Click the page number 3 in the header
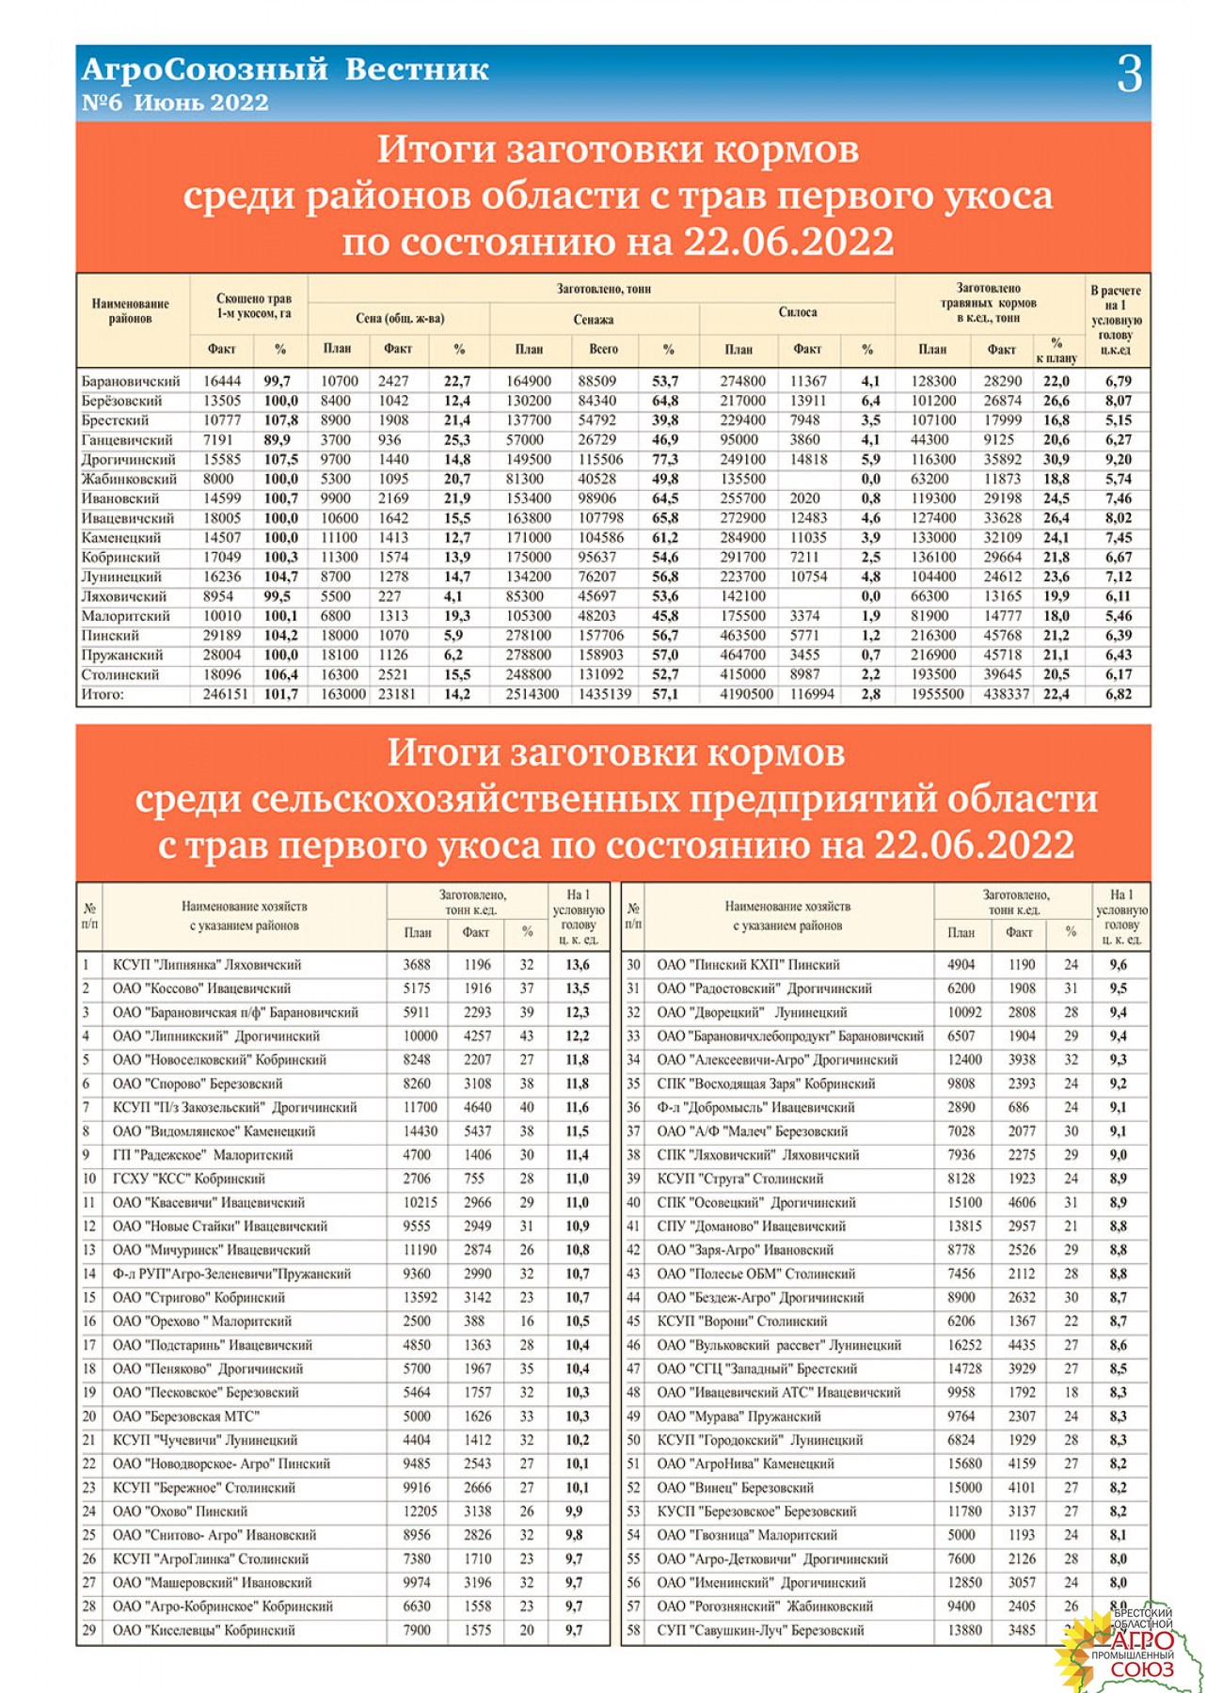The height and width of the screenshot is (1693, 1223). [1129, 74]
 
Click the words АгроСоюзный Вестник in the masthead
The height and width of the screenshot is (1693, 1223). [285, 70]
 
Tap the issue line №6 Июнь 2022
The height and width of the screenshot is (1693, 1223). [175, 103]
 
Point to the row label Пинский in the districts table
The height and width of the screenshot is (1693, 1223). [110, 636]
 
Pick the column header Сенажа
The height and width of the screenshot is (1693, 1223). [594, 320]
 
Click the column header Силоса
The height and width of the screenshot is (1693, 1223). [797, 312]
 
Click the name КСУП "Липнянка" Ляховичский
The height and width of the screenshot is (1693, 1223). [207, 965]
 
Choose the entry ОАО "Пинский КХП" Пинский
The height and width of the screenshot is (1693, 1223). [748, 965]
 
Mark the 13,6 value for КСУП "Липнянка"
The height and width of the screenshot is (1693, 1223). [578, 965]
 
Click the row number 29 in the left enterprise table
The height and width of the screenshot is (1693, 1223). [89, 1631]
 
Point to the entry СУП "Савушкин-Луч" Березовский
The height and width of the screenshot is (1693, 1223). [760, 1631]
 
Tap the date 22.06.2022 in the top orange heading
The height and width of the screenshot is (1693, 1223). [788, 243]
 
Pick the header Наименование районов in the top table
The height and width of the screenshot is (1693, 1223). [131, 311]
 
